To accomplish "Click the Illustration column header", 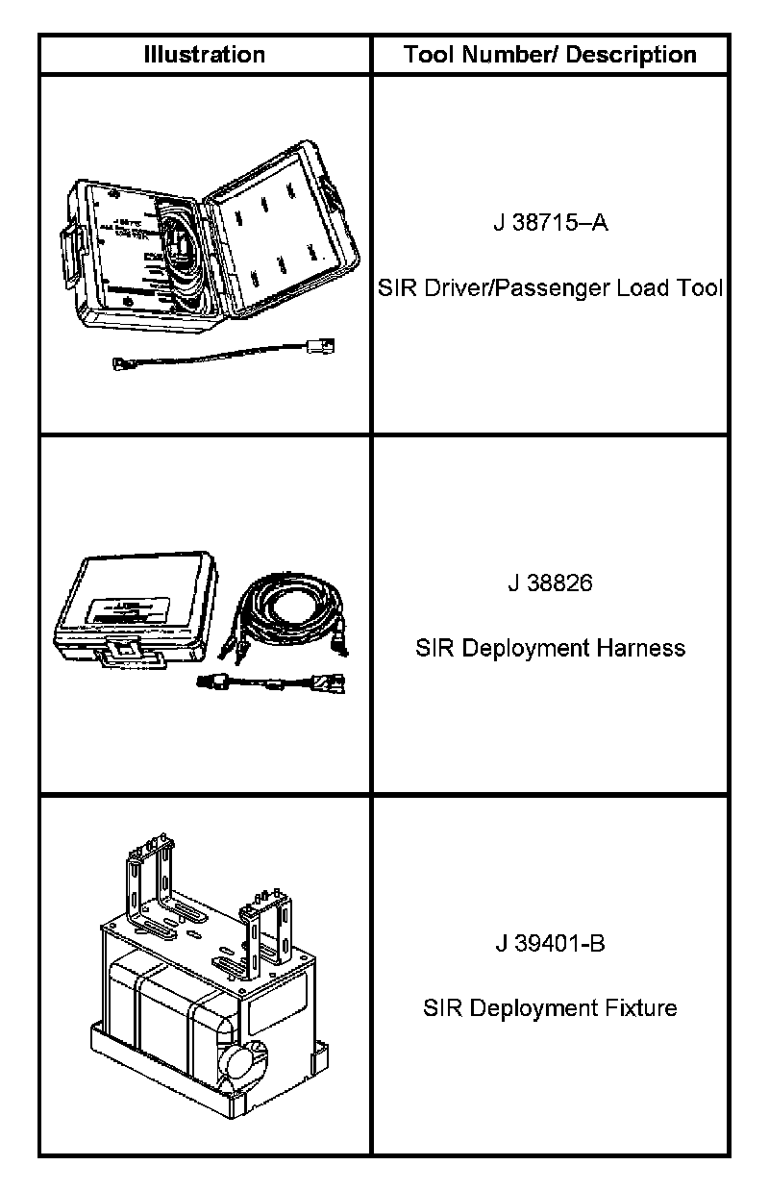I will click(x=204, y=54).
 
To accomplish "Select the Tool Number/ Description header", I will click(x=550, y=54).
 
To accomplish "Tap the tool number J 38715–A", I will click(x=550, y=224).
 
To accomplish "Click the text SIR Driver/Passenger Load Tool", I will click(x=550, y=287).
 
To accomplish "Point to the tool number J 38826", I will click(x=550, y=583).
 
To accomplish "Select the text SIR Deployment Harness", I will click(x=550, y=648).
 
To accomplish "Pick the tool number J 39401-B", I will click(x=550, y=943).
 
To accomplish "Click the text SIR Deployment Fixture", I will click(x=550, y=1008).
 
